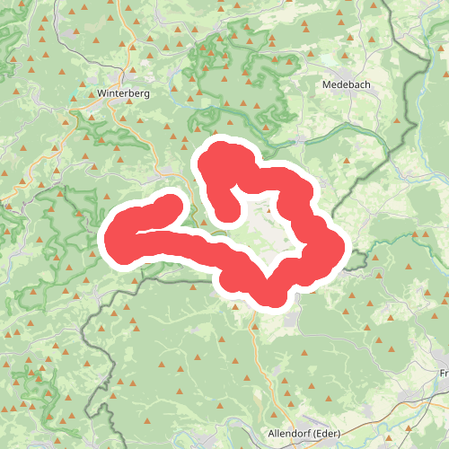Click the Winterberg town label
coord(123,92)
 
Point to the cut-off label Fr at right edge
coord(444,372)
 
